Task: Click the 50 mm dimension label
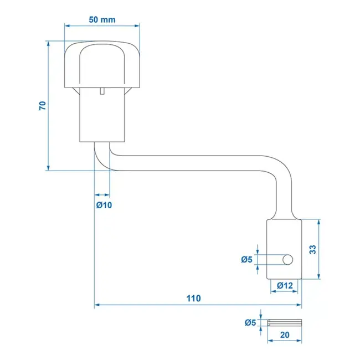[102, 19]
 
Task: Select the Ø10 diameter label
[104, 205]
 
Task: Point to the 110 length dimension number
[193, 298]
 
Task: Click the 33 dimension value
[313, 249]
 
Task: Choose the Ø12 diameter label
[284, 285]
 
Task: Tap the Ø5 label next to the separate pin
[250, 322]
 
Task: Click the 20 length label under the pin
[285, 335]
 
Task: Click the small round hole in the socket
[287, 259]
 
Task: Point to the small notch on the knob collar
[102, 91]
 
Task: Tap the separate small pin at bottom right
[285, 322]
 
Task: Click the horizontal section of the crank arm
[194, 162]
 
